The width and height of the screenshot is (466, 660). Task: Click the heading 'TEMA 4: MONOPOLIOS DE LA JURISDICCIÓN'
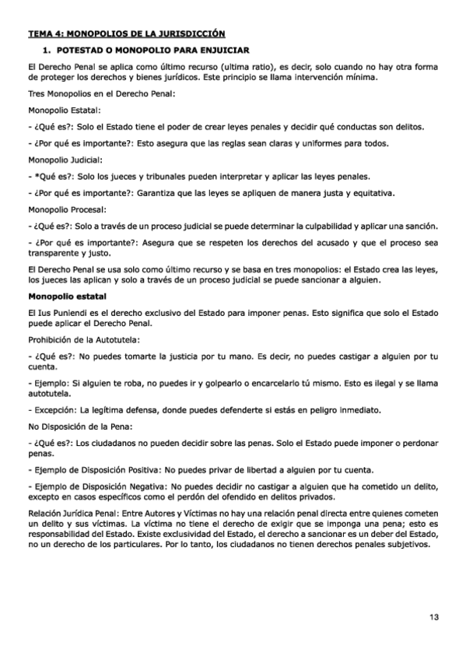[x=127, y=33]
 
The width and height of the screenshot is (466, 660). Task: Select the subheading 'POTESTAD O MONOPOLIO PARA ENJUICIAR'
[x=150, y=49]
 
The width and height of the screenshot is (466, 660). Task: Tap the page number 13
[x=433, y=617]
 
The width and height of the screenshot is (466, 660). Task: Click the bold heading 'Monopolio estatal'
[x=67, y=297]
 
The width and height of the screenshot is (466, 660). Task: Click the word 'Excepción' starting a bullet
[x=53, y=409]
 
